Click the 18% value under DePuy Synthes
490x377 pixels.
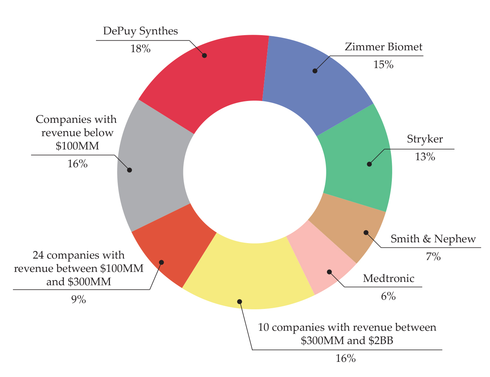tap(140, 49)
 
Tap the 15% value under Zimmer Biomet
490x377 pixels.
tap(383, 65)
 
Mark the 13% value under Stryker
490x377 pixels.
tap(425, 157)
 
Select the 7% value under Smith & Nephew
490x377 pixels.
tap(433, 257)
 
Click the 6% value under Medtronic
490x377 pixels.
tap(388, 296)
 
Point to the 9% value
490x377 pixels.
tap(79, 300)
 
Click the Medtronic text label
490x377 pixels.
tap(389, 279)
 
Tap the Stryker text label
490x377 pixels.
tap(425, 139)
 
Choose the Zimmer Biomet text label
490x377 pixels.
tap(383, 47)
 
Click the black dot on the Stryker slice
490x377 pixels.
tap(369, 164)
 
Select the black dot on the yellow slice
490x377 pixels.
tap(240, 302)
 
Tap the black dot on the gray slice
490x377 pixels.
tap(129, 170)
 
